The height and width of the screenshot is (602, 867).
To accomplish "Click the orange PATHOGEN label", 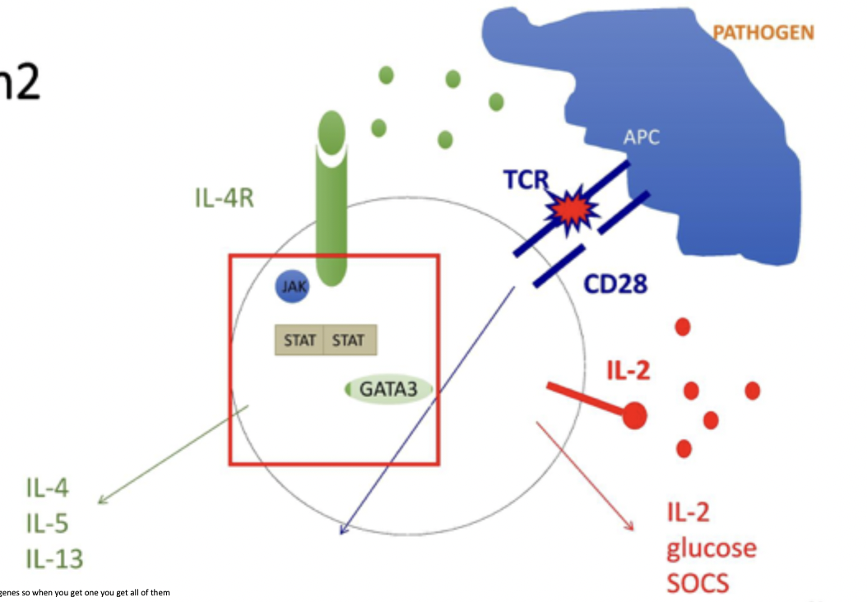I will [x=763, y=34].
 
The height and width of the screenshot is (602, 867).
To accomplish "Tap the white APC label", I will [x=642, y=137].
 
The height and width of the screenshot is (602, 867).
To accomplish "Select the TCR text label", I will [x=526, y=180].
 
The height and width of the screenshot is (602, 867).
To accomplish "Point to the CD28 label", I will [x=615, y=284].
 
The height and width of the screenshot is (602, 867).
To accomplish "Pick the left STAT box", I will [x=299, y=340].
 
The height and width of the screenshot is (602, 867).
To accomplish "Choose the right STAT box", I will [x=350, y=340].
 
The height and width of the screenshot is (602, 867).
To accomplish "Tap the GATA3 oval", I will [x=388, y=389].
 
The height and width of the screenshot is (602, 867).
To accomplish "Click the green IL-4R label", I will [x=225, y=198].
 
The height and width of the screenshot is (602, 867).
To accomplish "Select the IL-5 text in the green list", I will [x=47, y=524].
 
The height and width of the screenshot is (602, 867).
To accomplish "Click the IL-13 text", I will [x=54, y=560].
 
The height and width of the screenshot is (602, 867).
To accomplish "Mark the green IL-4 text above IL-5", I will [x=47, y=488].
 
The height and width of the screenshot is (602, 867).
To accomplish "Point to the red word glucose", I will [x=712, y=547].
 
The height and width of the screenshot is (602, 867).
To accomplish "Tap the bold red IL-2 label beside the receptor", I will [x=628, y=370].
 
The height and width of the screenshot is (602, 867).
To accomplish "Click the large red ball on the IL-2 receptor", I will [x=634, y=416].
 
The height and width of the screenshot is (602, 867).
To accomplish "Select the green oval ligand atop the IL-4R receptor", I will [x=331, y=131].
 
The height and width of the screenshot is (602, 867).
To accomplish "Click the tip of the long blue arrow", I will [x=341, y=534].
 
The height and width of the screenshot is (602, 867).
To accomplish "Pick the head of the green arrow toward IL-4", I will [x=100, y=502].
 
